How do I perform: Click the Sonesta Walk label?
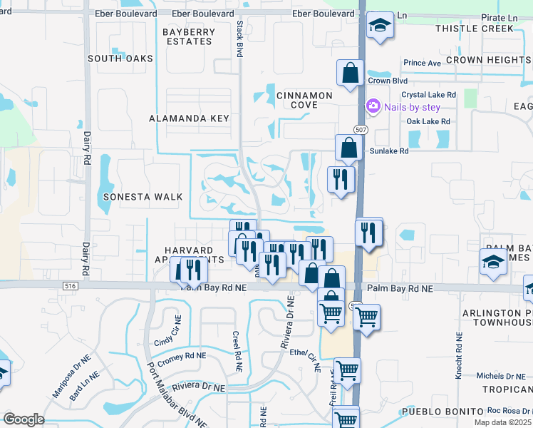coord(143,197)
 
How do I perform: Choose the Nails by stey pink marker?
coord(373,107)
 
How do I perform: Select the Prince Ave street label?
coord(422,63)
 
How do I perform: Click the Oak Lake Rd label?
coord(428,122)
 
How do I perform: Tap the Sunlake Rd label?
coord(388,151)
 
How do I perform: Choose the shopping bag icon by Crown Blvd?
coord(350,73)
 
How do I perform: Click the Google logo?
coord(24,419)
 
